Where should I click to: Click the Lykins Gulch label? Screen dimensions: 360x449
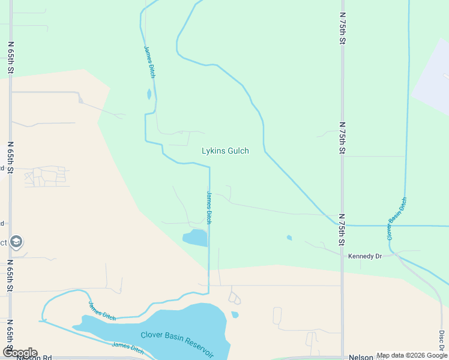tap(225, 151)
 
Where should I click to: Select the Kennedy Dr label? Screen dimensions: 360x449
tap(365, 256)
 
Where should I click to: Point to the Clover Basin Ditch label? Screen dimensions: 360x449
tap(397, 218)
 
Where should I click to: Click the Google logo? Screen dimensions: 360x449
tap(19, 352)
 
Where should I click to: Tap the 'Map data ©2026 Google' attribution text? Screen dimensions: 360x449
tap(412, 355)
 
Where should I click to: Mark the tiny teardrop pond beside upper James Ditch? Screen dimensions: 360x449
tap(149, 94)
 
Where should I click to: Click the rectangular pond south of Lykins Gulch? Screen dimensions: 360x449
tap(196, 238)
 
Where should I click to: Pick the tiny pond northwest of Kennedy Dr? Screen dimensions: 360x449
tap(289, 238)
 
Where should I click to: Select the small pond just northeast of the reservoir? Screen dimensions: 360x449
tap(235, 314)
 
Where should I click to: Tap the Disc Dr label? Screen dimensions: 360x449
tap(441, 341)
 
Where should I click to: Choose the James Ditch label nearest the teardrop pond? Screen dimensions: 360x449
tap(149, 62)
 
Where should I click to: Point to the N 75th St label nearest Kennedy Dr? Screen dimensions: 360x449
tap(341, 230)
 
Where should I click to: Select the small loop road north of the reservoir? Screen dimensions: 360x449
tap(234, 298)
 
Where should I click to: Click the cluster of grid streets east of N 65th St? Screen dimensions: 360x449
tap(45, 176)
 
